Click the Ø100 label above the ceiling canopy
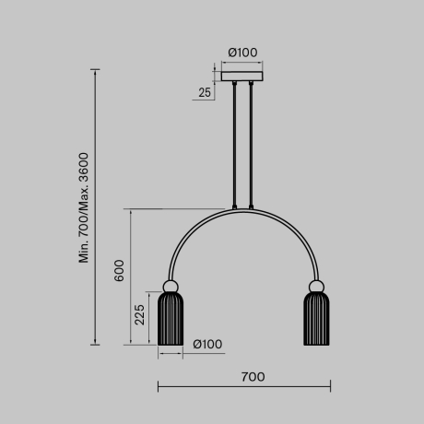pos(241,53)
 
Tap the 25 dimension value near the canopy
pos(204,92)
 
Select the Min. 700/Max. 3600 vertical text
pos(84,208)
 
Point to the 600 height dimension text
pos(118,270)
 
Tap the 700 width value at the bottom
pos(253,376)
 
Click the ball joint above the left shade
pos(171,285)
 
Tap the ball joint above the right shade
pos(315,285)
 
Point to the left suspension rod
pos(235,143)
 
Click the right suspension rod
pos(249,143)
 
